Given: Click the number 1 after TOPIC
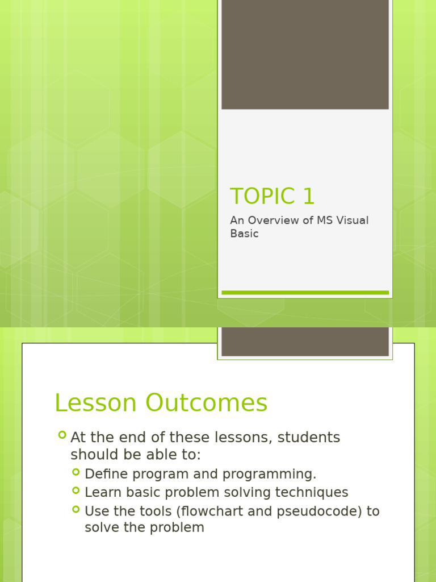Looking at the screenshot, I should (x=308, y=197).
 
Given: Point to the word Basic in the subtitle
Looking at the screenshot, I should (x=244, y=234).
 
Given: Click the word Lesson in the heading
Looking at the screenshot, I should (x=95, y=403).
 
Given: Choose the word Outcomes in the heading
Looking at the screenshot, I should (x=207, y=403).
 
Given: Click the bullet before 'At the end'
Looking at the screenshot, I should (x=62, y=435).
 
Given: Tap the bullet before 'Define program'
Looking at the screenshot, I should (x=76, y=472).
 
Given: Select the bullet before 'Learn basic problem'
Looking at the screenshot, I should (x=76, y=490).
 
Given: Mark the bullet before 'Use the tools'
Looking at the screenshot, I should (x=76, y=509).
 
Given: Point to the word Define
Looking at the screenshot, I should (x=103, y=474).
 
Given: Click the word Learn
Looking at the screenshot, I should (x=102, y=493).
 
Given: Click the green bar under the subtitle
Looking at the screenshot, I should (x=305, y=293).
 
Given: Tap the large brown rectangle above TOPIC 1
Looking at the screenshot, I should (x=305, y=54).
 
